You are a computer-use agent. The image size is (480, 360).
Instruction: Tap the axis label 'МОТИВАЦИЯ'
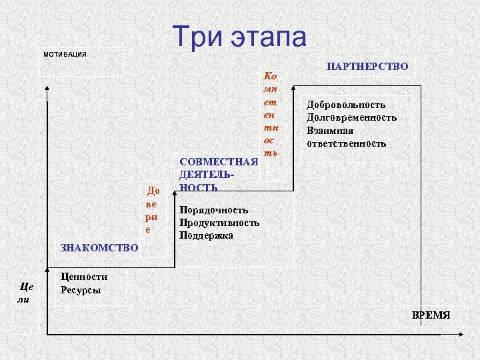(65, 54)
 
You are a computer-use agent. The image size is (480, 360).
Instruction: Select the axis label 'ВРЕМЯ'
(431, 315)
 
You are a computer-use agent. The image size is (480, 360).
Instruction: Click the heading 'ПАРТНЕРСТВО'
(367, 67)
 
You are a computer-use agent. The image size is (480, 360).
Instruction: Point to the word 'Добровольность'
(346, 105)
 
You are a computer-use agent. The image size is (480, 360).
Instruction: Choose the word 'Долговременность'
(351, 117)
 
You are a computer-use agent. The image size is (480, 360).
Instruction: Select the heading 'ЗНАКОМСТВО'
(99, 248)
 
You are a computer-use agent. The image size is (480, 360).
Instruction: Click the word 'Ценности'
(83, 277)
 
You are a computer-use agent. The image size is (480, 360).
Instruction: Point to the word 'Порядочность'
(213, 210)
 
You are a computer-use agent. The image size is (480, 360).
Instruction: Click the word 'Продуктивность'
(219, 223)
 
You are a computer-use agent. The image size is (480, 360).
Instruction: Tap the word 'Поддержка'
(207, 235)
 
